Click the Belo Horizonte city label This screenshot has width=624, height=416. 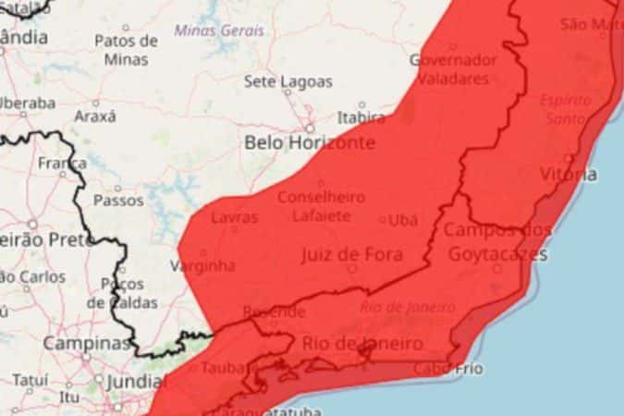310,143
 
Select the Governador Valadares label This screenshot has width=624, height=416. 453,69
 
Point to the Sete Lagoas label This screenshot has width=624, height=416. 288,81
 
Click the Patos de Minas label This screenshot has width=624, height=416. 126,50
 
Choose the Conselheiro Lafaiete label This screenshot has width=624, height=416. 321,206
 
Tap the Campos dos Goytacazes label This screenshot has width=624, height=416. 497,241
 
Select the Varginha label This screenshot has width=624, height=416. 202,266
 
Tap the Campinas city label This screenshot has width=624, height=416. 87,343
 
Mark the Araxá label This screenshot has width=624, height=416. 95,116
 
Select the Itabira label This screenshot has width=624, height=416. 361,117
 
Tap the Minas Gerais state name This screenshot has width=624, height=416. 219,31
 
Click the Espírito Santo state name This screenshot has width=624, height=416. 566,109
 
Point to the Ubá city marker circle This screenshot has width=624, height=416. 384,220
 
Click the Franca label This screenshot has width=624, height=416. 63,164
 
